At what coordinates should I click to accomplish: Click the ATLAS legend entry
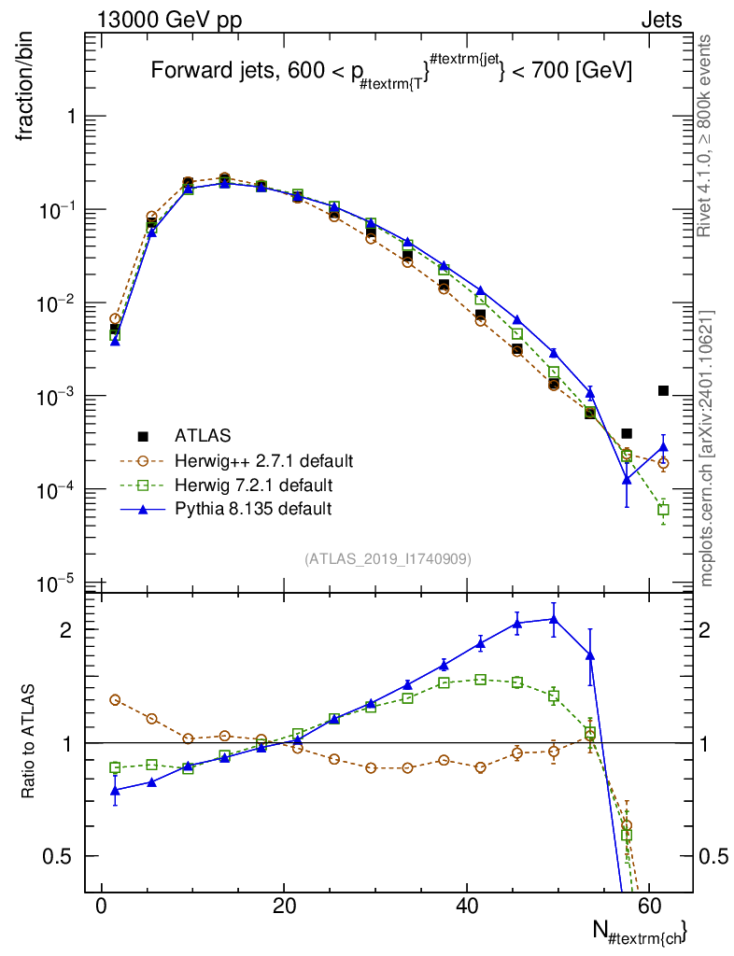pos(203,436)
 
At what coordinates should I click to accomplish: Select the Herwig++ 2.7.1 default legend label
pos(264,461)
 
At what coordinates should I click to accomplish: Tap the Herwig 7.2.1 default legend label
pos(254,485)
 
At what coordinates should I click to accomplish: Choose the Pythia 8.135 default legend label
pos(253,509)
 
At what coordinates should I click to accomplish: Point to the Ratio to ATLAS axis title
pos(27,741)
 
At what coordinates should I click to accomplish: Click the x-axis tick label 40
pos(466,906)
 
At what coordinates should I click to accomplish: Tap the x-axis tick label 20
pos(284,906)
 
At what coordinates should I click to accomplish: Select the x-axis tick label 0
pos(102,906)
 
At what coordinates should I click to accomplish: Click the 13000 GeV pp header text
pos(169,20)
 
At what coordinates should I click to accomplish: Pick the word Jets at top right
pos(661,20)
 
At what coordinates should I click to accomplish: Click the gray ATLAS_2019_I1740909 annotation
pos(388,559)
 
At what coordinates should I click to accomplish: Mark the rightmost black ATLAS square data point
pos(663,390)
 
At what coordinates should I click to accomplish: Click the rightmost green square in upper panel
pos(663,509)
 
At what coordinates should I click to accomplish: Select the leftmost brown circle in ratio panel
pos(115,699)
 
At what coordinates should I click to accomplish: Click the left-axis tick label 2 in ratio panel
pos(66,630)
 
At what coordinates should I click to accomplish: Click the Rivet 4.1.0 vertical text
pos(703,136)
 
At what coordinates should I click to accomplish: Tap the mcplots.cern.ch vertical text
pos(706,448)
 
